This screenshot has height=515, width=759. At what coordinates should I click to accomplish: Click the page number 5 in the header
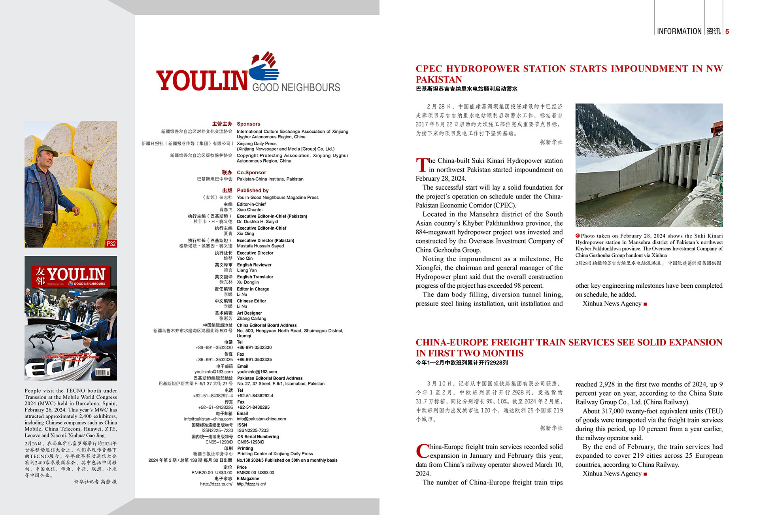coord(727,32)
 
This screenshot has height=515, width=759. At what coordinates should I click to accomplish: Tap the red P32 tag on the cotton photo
coord(111,243)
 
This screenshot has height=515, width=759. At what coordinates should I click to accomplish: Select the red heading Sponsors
coord(248,124)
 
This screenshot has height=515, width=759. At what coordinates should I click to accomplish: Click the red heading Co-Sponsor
coord(251,172)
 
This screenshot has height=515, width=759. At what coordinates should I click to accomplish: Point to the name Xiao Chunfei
coord(249,209)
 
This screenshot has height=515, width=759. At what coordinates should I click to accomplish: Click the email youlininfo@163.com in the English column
coord(257,372)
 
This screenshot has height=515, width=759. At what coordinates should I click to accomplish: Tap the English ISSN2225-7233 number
coord(253,430)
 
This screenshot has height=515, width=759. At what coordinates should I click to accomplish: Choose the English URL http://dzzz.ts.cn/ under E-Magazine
coord(251,484)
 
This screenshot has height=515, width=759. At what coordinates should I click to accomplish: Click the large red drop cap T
coord(422,165)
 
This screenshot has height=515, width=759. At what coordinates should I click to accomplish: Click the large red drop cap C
coord(423,451)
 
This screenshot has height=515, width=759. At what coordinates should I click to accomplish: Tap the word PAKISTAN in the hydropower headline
coord(438,79)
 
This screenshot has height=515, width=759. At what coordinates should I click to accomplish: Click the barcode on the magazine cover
coord(102,372)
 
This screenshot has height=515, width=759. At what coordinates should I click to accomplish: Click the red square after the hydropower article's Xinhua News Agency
coord(646,304)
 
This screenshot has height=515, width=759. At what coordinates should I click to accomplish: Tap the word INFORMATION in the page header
coord(679,31)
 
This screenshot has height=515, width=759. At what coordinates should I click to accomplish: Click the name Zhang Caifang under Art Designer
coord(251,318)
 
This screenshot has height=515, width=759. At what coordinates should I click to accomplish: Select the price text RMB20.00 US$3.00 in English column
coord(255,473)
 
